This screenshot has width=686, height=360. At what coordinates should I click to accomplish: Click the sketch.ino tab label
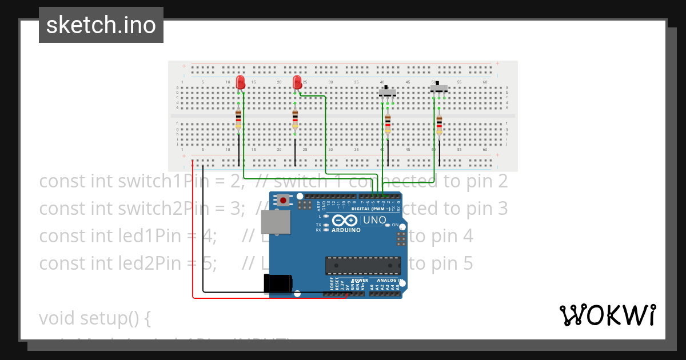101,25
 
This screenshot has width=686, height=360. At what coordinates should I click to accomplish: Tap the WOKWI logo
607,315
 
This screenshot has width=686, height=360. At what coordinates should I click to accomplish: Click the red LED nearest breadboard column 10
240,82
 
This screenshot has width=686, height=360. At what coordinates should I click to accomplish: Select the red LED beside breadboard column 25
297,82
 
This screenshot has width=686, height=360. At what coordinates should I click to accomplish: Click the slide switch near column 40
388,91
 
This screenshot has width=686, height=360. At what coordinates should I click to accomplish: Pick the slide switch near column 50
439,87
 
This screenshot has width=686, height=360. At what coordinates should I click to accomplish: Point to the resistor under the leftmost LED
238,120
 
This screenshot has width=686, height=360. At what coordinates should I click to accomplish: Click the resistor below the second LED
295,120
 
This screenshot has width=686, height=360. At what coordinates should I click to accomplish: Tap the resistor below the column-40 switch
388,123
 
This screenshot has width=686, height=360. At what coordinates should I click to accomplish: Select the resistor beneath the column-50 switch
439,123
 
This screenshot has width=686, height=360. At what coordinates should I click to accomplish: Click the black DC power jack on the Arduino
278,284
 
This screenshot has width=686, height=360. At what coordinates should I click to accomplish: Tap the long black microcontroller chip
363,266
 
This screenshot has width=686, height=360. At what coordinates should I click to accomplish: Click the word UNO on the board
375,220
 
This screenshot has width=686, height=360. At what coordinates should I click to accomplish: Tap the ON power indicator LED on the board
388,225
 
